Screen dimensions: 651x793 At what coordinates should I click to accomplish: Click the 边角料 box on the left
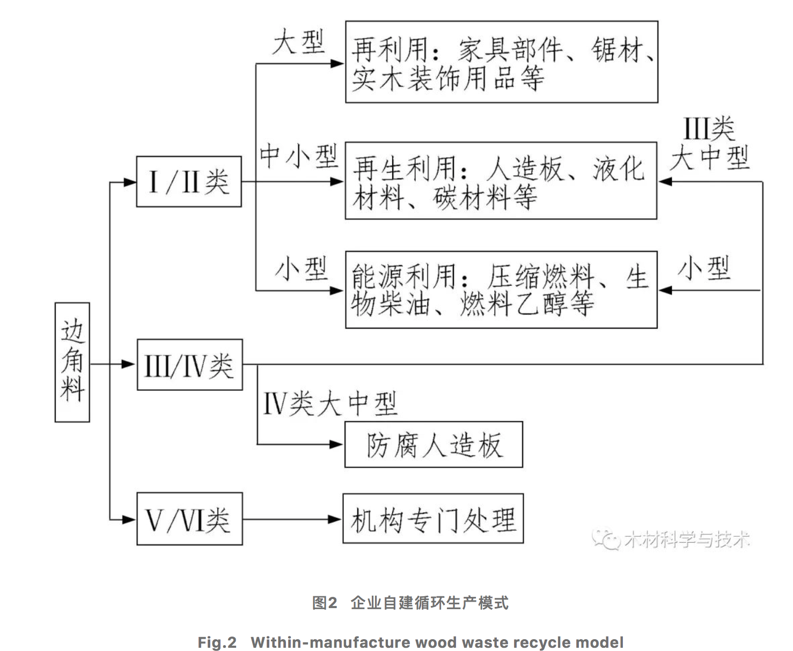coord(72,362)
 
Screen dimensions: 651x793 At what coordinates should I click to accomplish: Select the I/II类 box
coord(189,182)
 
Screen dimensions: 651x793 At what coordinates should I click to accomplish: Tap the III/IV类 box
coord(189,365)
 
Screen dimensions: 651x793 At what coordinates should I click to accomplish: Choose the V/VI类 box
coord(189,519)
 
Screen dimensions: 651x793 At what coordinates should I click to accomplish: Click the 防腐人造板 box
coord(434,445)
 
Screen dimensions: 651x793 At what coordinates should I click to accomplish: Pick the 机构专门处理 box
coord(433,519)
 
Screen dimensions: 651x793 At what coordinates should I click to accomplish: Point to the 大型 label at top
coord(298,42)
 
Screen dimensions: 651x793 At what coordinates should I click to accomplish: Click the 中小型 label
coord(298,156)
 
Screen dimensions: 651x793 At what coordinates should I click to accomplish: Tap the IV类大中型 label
coord(329,403)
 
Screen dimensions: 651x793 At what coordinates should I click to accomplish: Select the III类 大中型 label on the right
coord(709,144)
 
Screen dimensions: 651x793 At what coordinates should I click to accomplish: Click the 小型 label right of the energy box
coord(704,268)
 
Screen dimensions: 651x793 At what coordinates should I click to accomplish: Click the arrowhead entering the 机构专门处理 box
coord(335,519)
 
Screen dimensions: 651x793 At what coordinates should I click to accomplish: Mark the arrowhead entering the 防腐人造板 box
coord(336,445)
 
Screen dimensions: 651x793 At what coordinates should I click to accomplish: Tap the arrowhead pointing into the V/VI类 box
coord(129,519)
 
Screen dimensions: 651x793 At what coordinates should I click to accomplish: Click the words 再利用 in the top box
coord(389,50)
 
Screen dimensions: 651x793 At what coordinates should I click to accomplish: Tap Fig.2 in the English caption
coord(217,642)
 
